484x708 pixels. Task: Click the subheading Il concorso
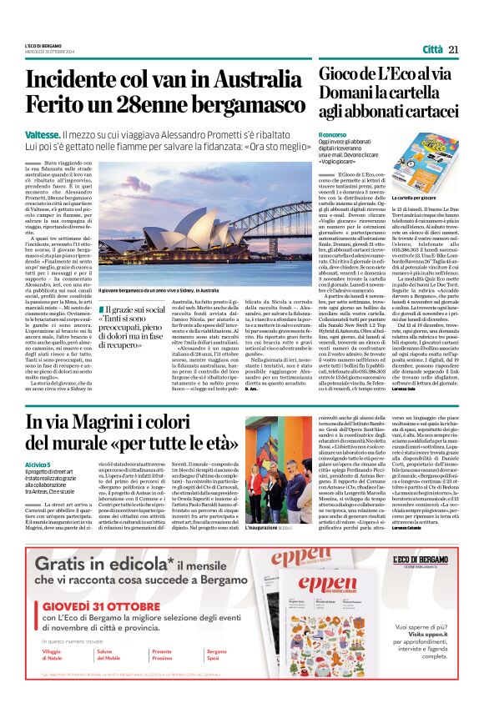pyautogui.click(x=331, y=134)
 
